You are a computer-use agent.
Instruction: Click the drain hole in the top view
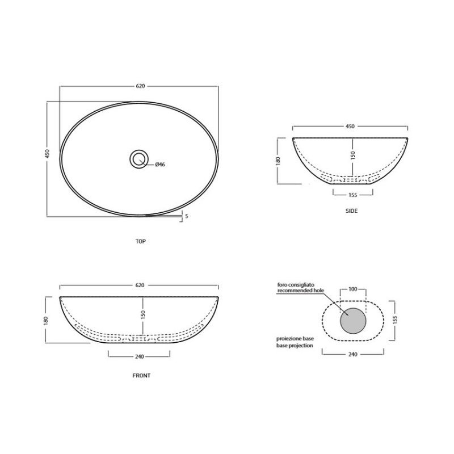(139, 159)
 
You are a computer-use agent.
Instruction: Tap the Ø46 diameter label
(160, 165)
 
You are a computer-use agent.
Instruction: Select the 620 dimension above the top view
(140, 86)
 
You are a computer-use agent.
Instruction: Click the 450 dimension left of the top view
(48, 153)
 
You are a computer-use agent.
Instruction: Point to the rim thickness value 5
(187, 216)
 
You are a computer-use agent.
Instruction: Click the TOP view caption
(141, 241)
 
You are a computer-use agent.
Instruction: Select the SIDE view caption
(351, 211)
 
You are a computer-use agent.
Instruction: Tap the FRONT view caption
(141, 376)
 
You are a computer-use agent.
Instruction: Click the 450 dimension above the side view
(350, 126)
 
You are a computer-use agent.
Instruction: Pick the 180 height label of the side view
(278, 161)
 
